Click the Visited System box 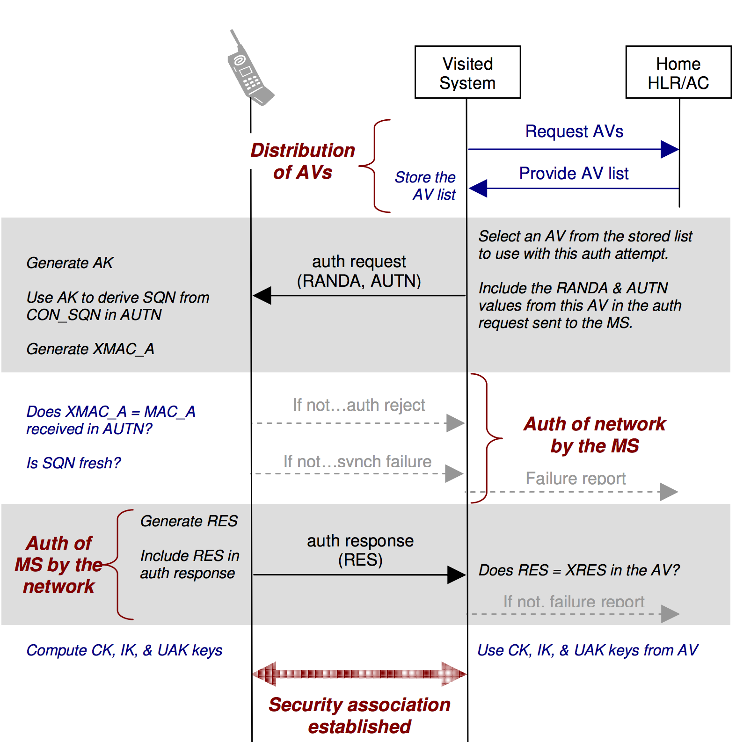point(467,73)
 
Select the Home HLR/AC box point(678,73)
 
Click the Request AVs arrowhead point(670,149)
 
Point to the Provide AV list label point(574,174)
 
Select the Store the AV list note point(425,186)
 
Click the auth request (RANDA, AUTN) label point(359,271)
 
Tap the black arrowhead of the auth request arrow point(262,296)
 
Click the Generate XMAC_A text point(90,349)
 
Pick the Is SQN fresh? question point(73,463)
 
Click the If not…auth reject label point(359,405)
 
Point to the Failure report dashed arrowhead point(669,492)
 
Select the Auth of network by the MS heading point(595,435)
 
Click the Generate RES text point(189,521)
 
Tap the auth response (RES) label point(360,550)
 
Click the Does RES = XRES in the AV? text point(579,570)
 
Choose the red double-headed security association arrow point(359,674)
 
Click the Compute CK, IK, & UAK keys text point(124,650)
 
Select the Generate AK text point(70,263)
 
